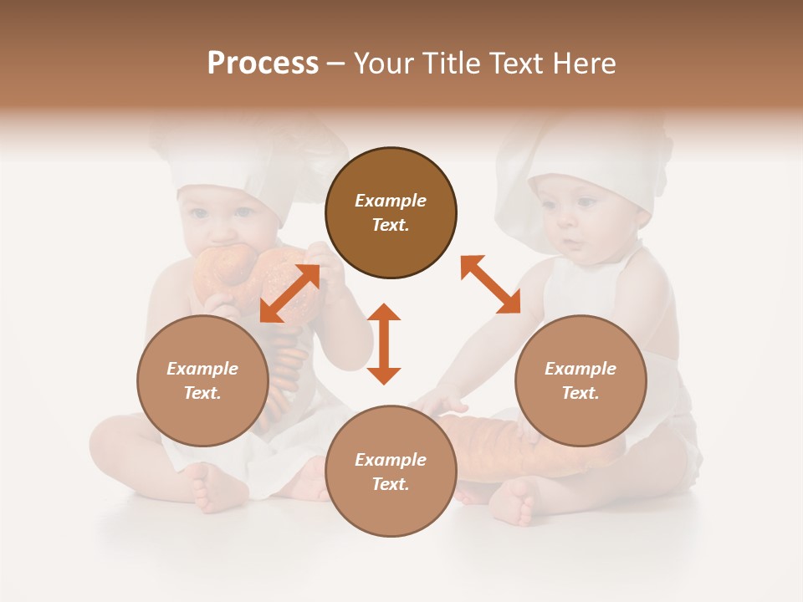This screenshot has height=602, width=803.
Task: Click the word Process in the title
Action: (263, 64)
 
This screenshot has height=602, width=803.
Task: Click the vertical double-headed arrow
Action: (384, 344)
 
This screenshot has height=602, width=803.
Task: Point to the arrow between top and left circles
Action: (289, 293)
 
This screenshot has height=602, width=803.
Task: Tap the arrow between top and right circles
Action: (490, 284)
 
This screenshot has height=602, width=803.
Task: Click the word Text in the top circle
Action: (390, 225)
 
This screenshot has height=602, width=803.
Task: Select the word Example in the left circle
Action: (202, 369)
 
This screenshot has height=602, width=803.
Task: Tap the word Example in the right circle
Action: (581, 369)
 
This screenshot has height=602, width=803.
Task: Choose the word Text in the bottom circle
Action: (390, 484)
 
